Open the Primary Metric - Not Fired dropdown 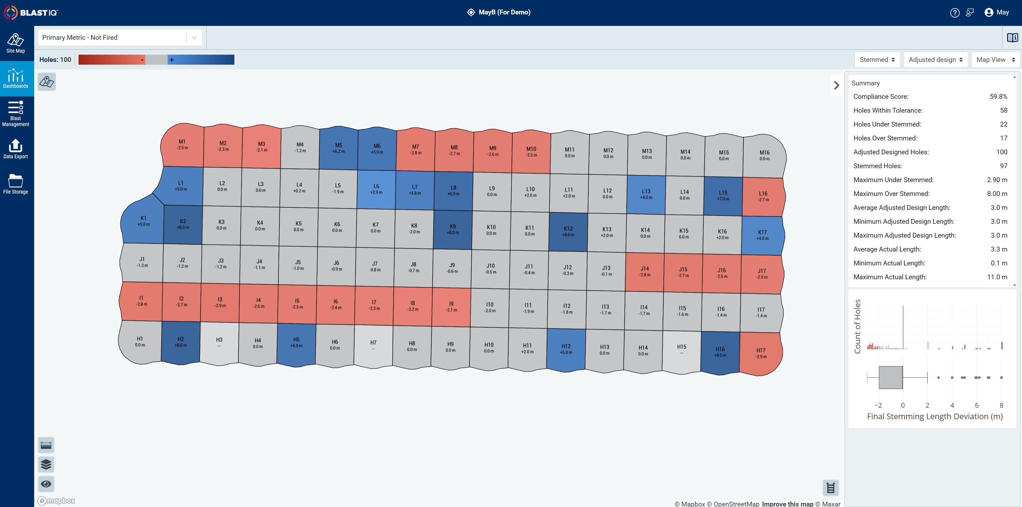[120, 38]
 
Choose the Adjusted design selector [935, 60]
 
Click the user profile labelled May [997, 12]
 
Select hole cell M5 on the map [339, 148]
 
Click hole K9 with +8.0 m [453, 229]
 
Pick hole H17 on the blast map [761, 353]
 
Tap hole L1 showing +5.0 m [180, 186]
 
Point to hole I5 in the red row [297, 304]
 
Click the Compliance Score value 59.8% [998, 96]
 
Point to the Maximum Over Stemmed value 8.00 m [997, 194]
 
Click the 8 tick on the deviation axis [1001, 405]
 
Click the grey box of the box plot [891, 377]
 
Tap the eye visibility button [46, 484]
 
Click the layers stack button [46, 464]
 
